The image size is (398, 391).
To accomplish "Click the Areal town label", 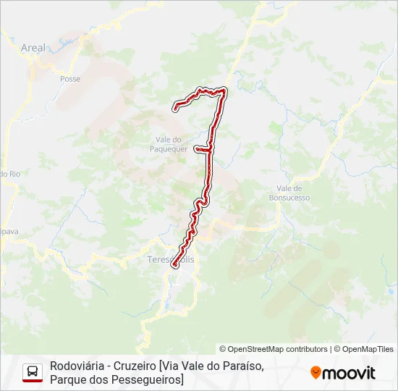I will click(x=33, y=48).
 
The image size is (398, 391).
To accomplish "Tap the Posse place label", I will click(x=70, y=79).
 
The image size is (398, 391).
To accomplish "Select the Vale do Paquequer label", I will click(x=172, y=144).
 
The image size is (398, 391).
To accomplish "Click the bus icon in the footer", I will click(x=33, y=372).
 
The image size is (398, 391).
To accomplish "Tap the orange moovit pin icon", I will click(x=316, y=373).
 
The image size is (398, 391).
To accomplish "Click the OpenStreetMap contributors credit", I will click(x=274, y=349).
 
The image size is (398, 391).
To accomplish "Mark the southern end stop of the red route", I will click(x=174, y=266).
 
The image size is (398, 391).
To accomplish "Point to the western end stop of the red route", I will click(x=175, y=109).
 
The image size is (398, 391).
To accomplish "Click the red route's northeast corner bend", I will click(x=224, y=91).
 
